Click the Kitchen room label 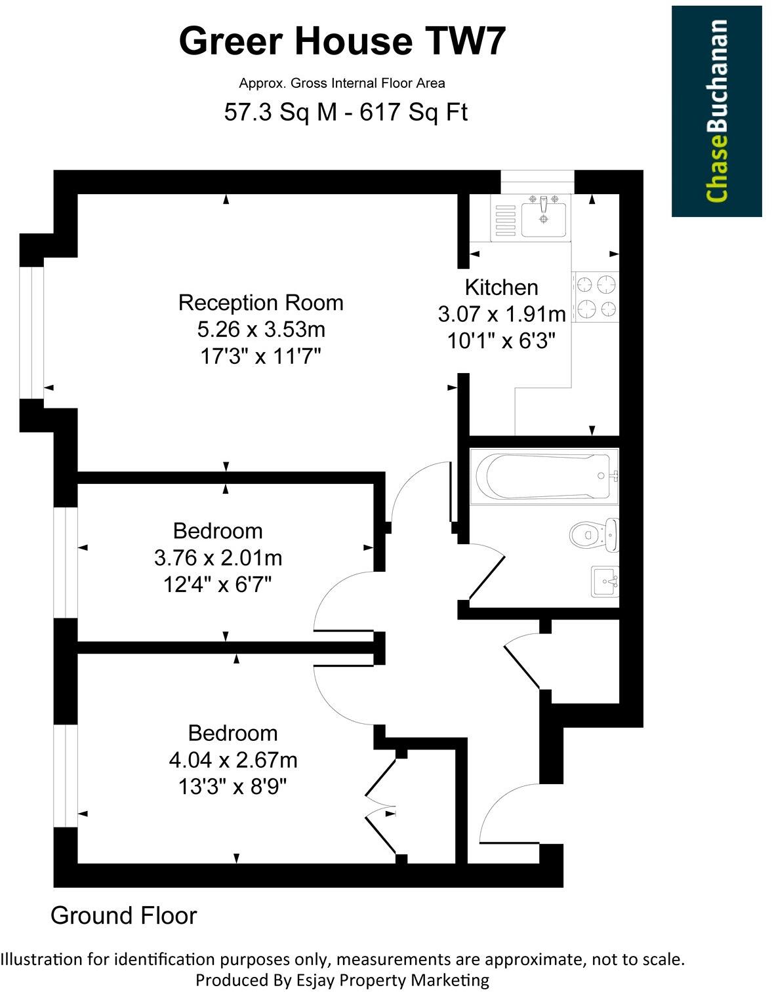tap(501, 287)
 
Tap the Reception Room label tap(260, 303)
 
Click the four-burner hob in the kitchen tap(596, 296)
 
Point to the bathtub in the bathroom tap(546, 476)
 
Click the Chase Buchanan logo tap(716, 111)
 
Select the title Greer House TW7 tap(342, 41)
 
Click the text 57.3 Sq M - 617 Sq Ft tap(346, 112)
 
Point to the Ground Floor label tap(123, 916)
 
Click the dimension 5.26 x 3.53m tap(260, 329)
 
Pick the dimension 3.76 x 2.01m tap(218, 558)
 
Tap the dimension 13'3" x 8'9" tap(233, 786)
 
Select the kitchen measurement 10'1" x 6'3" tap(501, 341)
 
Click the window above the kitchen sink tap(537, 182)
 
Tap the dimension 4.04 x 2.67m tap(233, 760)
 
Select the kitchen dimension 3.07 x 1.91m tap(501, 315)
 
